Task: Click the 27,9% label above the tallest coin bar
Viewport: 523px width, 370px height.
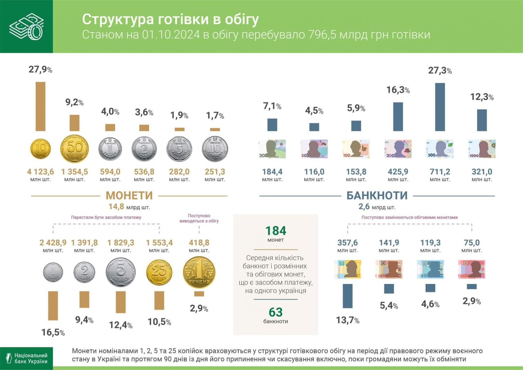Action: click(x=40, y=70)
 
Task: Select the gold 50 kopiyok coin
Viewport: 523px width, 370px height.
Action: click(x=75, y=149)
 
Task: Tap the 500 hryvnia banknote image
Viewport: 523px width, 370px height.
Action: click(x=440, y=149)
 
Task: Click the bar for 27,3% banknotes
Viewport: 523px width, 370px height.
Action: click(x=440, y=107)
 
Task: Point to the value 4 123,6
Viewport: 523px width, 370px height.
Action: click(x=40, y=172)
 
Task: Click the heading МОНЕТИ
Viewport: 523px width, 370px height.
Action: click(x=129, y=196)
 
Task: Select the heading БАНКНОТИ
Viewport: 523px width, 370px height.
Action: click(x=377, y=196)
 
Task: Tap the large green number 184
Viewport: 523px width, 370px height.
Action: click(x=275, y=230)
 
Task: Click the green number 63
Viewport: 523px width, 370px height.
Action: click(x=275, y=312)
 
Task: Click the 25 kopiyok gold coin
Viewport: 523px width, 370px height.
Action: click(x=159, y=273)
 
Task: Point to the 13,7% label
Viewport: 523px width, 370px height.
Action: click(x=347, y=320)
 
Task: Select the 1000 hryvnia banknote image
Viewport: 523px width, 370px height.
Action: click(x=482, y=149)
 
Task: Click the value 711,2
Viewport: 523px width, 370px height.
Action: click(x=440, y=172)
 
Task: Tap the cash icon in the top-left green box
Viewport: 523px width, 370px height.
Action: click(x=26, y=26)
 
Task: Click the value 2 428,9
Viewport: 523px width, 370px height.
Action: click(x=52, y=242)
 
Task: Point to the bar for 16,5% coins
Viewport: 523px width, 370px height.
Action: click(x=52, y=305)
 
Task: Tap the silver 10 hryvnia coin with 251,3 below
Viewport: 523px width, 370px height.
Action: click(x=215, y=149)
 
